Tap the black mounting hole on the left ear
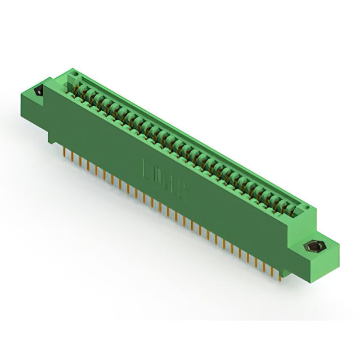coord(39,90)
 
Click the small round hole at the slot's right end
coord(308,209)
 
